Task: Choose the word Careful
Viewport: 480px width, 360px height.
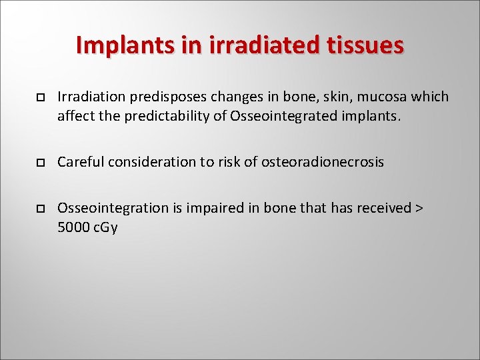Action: pyautogui.click(x=80, y=162)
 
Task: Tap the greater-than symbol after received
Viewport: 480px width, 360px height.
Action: pyautogui.click(x=419, y=208)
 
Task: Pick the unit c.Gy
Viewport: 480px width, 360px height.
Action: pyautogui.click(x=105, y=228)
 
